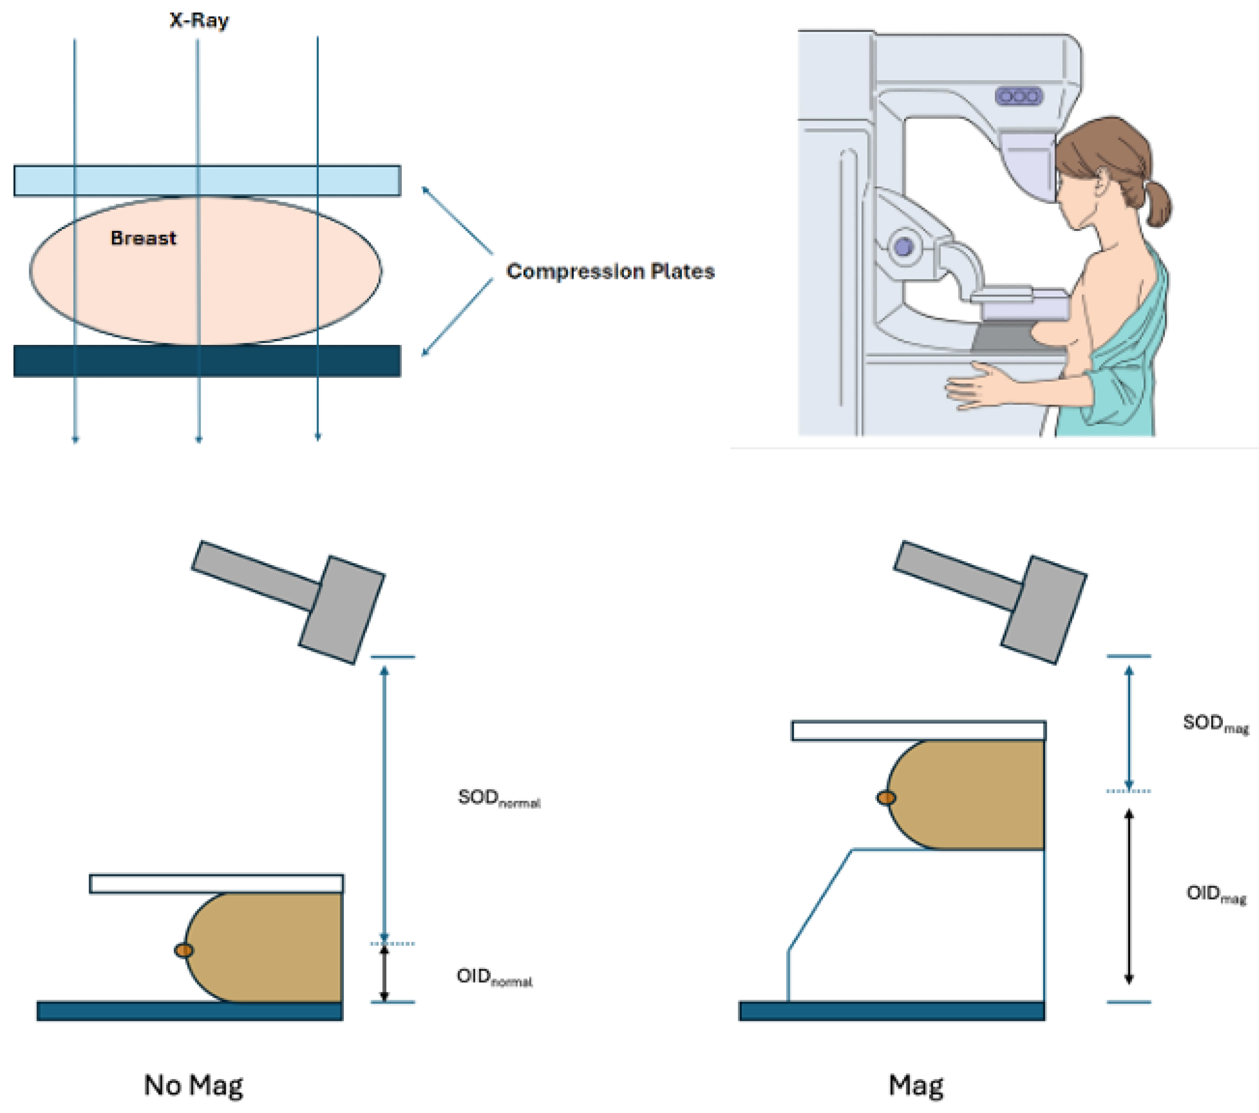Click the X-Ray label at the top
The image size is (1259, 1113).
click(199, 20)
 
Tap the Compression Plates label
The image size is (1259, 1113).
click(610, 271)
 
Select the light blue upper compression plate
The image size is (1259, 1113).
click(207, 180)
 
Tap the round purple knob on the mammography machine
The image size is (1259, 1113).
click(903, 247)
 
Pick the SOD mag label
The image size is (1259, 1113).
click(1214, 723)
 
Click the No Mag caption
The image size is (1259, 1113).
click(193, 1085)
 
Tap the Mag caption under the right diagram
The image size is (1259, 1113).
click(916, 1085)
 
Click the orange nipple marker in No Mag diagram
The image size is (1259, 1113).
click(184, 950)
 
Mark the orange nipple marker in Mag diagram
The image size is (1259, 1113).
click(886, 798)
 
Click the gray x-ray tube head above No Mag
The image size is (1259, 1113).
click(342, 609)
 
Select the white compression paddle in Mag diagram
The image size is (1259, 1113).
click(918, 731)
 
